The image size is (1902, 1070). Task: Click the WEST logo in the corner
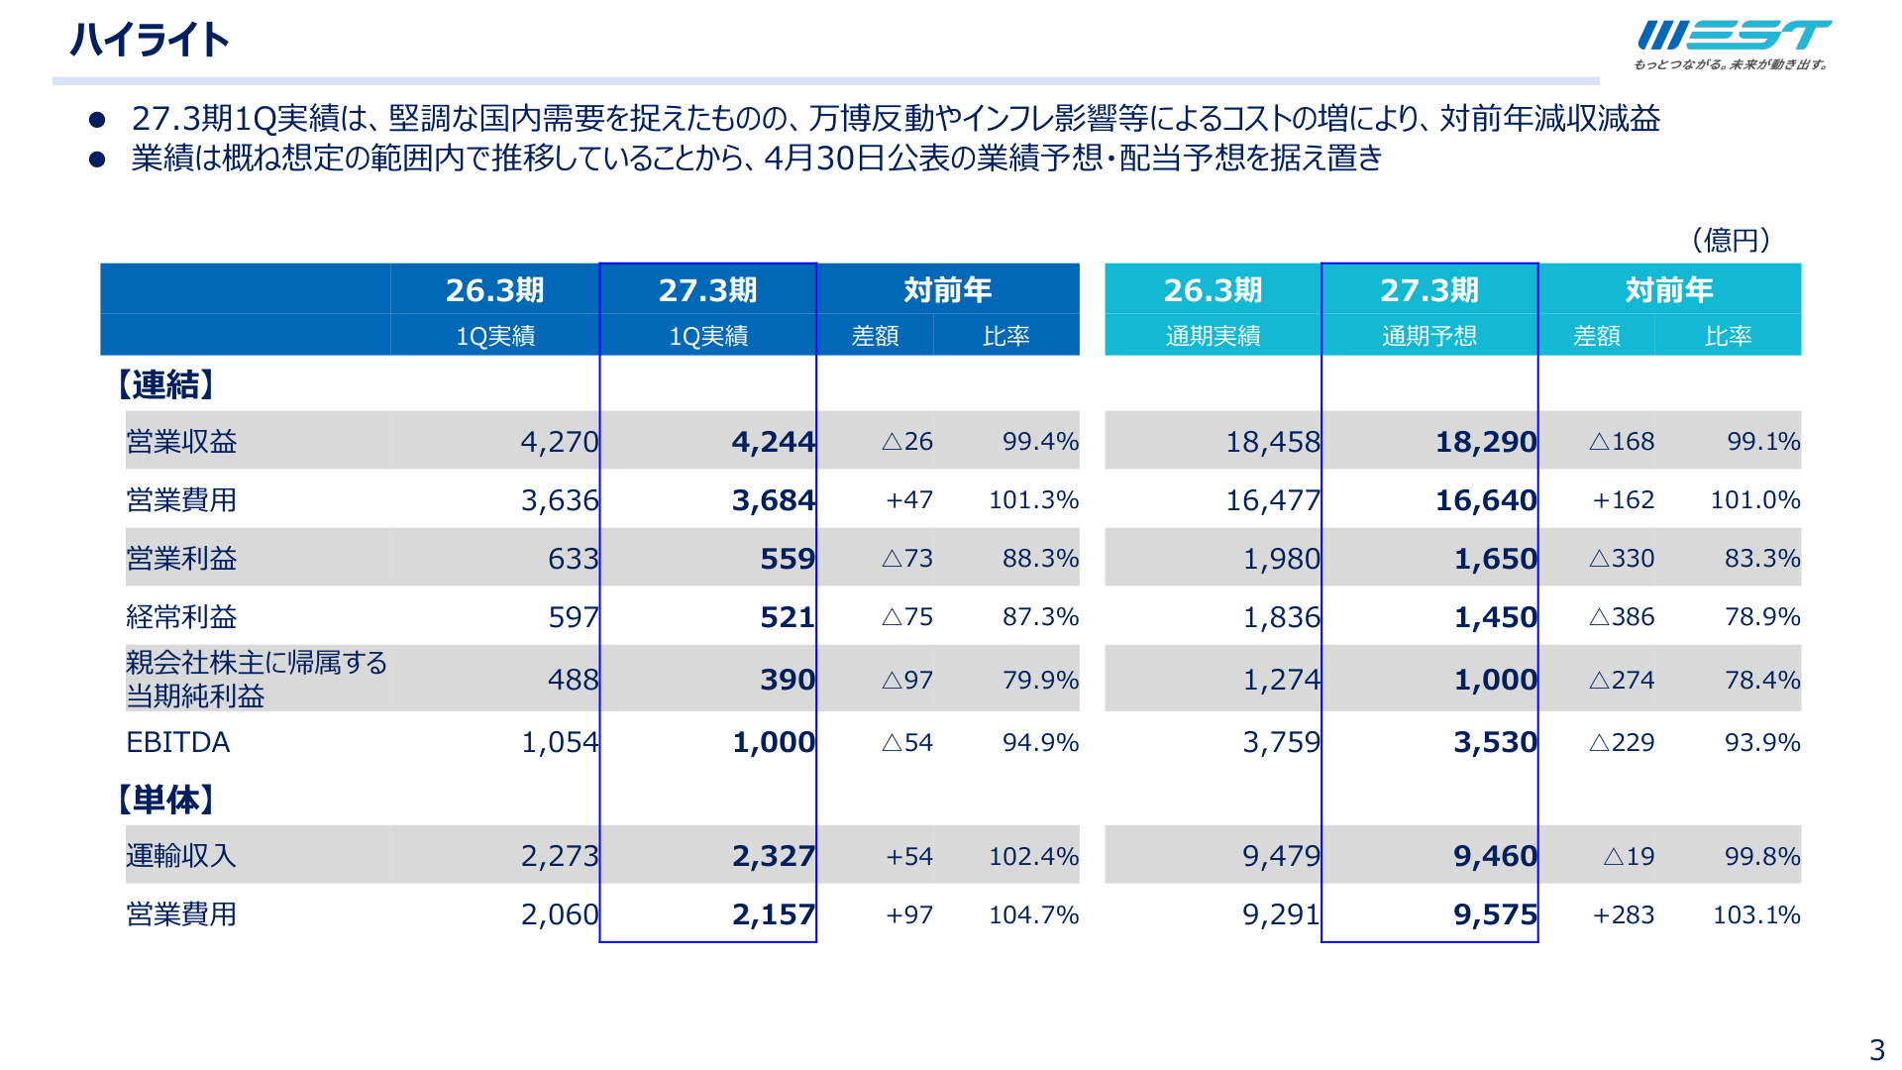click(x=1733, y=45)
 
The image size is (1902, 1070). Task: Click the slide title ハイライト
click(x=150, y=41)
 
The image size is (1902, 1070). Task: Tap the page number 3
click(x=1876, y=1049)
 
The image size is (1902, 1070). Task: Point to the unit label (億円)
click(x=1731, y=240)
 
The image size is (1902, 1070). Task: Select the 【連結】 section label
click(x=165, y=384)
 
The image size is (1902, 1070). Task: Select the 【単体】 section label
click(x=165, y=800)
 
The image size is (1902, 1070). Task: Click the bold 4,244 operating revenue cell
click(x=773, y=442)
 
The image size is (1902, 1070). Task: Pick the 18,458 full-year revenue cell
click(x=1273, y=442)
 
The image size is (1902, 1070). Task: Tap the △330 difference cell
click(x=1622, y=559)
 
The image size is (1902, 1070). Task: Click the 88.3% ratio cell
click(x=1040, y=559)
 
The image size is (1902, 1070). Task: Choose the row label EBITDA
click(x=178, y=742)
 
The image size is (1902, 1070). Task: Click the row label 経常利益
click(x=181, y=617)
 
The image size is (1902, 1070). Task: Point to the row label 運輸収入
click(x=181, y=856)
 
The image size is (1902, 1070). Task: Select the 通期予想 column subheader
click(x=1429, y=337)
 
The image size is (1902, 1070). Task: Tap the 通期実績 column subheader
click(x=1213, y=337)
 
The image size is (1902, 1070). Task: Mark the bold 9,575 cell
click(x=1495, y=914)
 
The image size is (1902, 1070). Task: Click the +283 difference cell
click(x=1623, y=914)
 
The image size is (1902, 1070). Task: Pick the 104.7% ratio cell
click(x=1033, y=914)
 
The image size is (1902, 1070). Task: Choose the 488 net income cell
click(x=574, y=680)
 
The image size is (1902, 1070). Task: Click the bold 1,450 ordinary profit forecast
click(x=1495, y=617)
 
